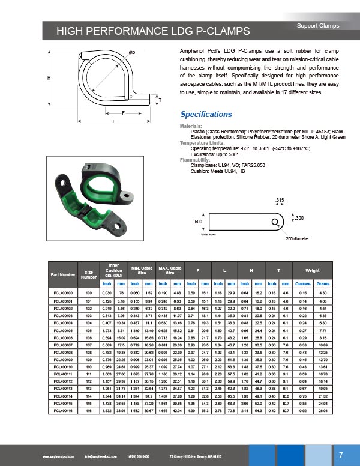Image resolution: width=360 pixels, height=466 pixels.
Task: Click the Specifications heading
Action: coord(206,114)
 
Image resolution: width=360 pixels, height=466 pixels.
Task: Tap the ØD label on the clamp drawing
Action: coord(131,53)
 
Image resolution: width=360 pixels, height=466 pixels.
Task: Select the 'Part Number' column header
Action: coord(64,274)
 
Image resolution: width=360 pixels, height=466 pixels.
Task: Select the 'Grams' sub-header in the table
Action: coord(323,283)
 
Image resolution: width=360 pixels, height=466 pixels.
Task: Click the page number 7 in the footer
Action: coord(340,453)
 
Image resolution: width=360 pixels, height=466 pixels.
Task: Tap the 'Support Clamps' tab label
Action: coord(317,26)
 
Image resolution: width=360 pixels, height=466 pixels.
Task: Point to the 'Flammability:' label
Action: coord(194,160)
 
